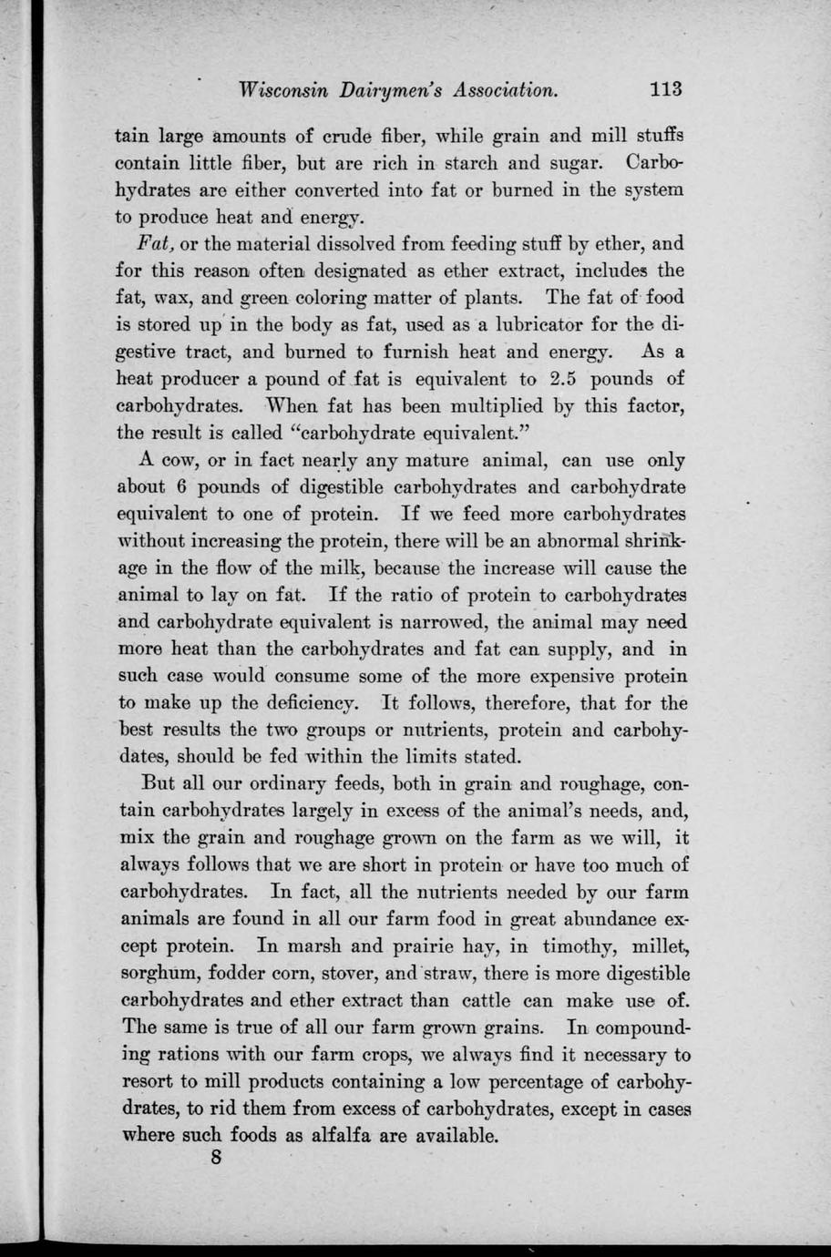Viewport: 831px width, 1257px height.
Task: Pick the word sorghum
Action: point(159,974)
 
